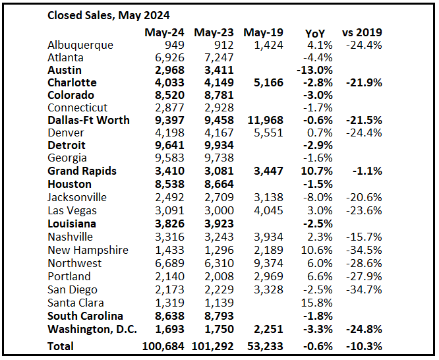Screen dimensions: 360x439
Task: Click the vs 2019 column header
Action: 362,32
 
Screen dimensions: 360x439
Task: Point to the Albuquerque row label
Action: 80,45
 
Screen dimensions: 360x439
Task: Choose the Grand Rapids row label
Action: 82,171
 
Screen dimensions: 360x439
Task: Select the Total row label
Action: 61,346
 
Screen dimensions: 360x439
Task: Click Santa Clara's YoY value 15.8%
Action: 316,303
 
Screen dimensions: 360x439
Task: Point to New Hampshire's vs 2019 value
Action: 364,250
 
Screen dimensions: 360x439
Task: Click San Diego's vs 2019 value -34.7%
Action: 364,289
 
